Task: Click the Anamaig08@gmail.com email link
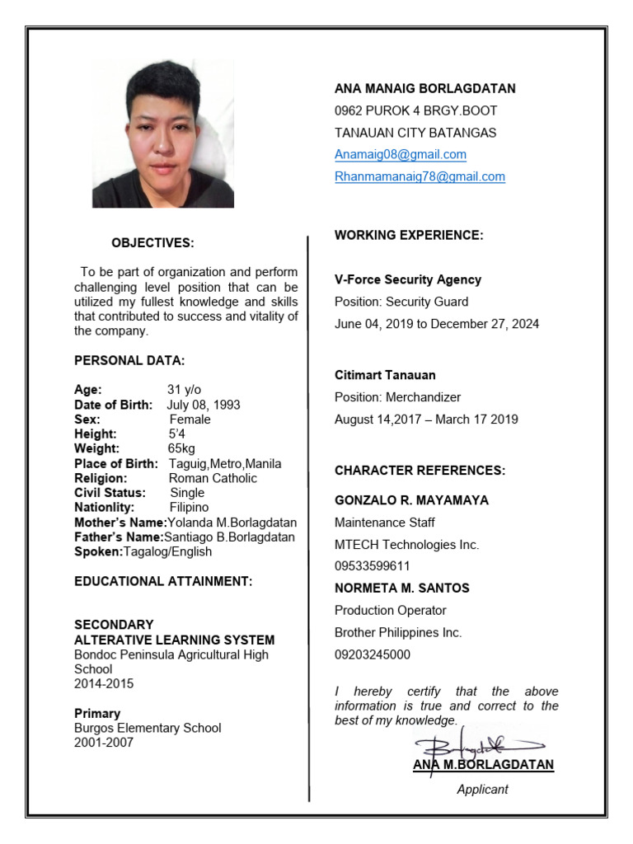401,154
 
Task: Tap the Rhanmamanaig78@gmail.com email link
420,176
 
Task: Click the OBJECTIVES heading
153,243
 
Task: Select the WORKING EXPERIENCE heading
409,236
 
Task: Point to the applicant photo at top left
163,134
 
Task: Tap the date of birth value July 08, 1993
204,405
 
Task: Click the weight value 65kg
182,449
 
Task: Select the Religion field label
101,478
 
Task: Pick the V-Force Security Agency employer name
408,280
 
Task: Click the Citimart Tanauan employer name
385,375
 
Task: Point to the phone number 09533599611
373,566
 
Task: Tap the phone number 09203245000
373,655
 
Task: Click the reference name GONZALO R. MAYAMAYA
411,500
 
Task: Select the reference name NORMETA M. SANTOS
402,588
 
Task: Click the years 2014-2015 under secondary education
104,684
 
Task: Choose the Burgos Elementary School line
148,729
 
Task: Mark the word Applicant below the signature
483,790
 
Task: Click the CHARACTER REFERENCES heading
420,471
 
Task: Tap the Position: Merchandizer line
398,397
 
